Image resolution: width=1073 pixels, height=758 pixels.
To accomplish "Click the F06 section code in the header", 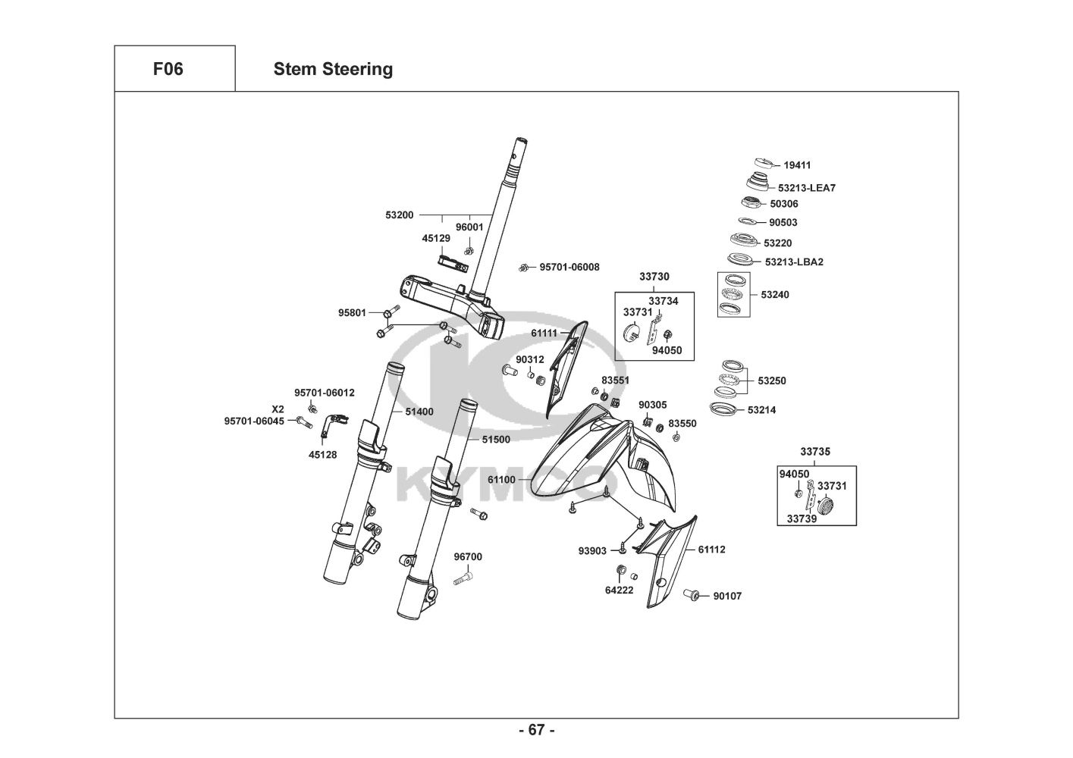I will pyautogui.click(x=168, y=69).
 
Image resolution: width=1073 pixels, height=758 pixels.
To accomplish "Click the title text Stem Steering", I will pyautogui.click(x=333, y=69).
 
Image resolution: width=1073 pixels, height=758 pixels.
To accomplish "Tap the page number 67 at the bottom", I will pyautogui.click(x=536, y=730).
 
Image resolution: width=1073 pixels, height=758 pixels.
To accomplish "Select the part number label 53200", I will pyautogui.click(x=400, y=215).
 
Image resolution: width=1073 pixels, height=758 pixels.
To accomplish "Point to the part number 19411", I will pyautogui.click(x=798, y=164).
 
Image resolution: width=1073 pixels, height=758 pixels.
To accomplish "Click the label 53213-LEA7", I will pyautogui.click(x=807, y=188).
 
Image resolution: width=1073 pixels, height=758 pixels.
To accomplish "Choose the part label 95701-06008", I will pyautogui.click(x=569, y=267).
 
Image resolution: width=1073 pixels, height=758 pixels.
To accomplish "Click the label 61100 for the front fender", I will pyautogui.click(x=501, y=480).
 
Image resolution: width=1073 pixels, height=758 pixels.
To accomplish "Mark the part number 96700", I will pyautogui.click(x=468, y=557).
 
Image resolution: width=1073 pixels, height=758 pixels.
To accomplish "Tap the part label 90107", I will pyautogui.click(x=727, y=596).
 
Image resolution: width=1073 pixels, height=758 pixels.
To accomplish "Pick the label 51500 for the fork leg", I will pyautogui.click(x=496, y=439).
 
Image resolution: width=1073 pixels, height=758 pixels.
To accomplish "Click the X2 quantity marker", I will pyautogui.click(x=278, y=409).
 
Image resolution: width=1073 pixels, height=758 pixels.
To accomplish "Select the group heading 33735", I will pyautogui.click(x=815, y=452).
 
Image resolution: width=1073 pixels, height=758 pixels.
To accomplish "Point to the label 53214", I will pyautogui.click(x=761, y=410).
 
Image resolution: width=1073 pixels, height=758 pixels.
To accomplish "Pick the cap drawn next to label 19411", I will pyautogui.click(x=766, y=164).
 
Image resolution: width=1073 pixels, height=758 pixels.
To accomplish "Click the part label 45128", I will pyautogui.click(x=322, y=455).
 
